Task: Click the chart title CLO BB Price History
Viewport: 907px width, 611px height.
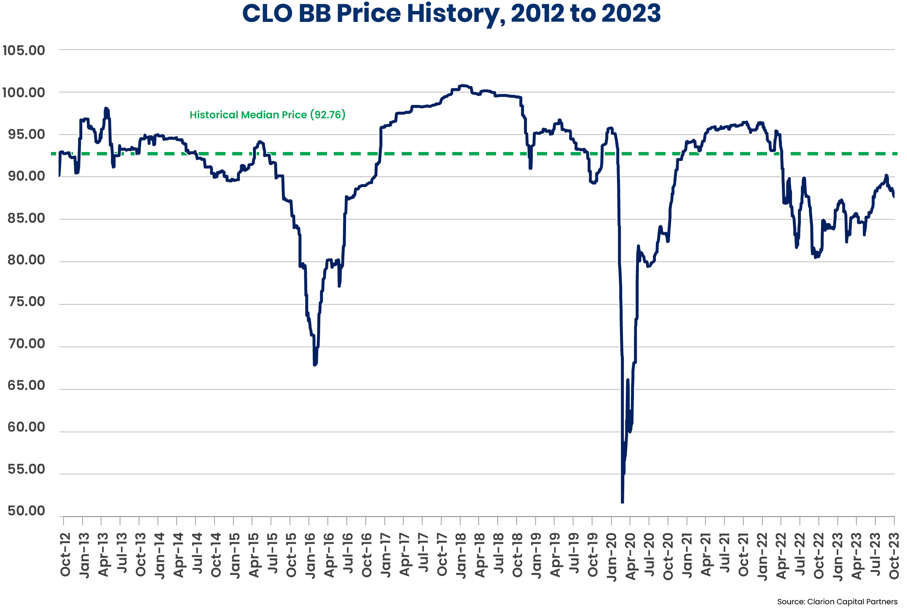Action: tap(451, 13)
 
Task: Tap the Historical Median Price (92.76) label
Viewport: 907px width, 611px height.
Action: tap(267, 115)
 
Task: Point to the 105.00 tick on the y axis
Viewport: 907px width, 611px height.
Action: tap(24, 51)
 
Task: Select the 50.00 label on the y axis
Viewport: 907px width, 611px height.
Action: tap(26, 511)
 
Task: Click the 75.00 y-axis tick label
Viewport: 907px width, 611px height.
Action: tap(26, 302)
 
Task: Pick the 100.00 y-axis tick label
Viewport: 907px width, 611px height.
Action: tap(24, 93)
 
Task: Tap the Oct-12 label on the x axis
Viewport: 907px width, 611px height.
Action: tap(65, 555)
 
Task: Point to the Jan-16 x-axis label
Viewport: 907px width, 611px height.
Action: tap(310, 555)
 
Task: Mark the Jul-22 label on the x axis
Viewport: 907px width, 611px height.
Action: tap(800, 555)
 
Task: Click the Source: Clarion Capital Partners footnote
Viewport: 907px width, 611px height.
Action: tap(837, 602)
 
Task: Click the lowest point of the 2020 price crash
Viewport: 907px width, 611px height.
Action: tap(623, 502)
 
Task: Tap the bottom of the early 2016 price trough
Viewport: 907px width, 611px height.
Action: tap(315, 364)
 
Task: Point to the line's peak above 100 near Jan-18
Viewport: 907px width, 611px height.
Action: tap(463, 85)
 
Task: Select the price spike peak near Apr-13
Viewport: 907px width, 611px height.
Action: tap(106, 109)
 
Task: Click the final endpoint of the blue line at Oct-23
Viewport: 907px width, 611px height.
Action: tap(894, 197)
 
